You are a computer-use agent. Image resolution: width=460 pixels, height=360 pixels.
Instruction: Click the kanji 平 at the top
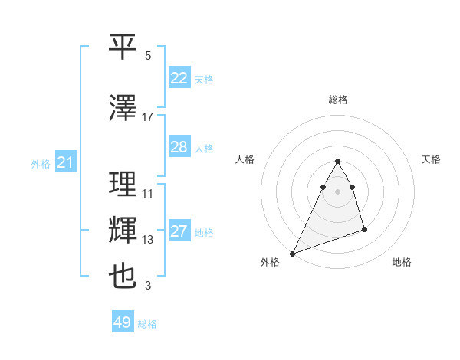pyautogui.click(x=123, y=47)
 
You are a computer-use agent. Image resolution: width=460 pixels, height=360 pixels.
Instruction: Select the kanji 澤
pyautogui.click(x=123, y=108)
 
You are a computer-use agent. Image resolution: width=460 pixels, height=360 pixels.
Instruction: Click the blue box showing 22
pyautogui.click(x=179, y=78)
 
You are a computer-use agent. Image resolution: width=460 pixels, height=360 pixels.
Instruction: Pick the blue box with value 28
pyautogui.click(x=179, y=147)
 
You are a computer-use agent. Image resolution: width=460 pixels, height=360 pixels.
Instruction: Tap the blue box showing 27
pyautogui.click(x=179, y=232)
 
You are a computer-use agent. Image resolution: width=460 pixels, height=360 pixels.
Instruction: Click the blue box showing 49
pyautogui.click(x=123, y=322)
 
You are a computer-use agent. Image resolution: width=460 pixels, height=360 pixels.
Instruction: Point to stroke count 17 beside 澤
pyautogui.click(x=148, y=116)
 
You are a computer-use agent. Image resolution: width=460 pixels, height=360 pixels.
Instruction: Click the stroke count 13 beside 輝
pyautogui.click(x=148, y=240)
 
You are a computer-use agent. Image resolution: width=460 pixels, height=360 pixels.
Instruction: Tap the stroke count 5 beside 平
pyautogui.click(x=148, y=56)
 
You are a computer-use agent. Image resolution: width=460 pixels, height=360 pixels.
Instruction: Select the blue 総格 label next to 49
pyautogui.click(x=147, y=324)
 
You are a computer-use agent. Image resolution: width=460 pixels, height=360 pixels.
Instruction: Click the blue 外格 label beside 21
pyautogui.click(x=40, y=163)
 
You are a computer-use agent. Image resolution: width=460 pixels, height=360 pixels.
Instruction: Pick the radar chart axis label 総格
pyautogui.click(x=337, y=100)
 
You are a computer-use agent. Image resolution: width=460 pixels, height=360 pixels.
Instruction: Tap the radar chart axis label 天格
pyautogui.click(x=432, y=159)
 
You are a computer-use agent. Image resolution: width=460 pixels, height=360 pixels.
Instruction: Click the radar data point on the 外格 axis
pyautogui.click(x=292, y=253)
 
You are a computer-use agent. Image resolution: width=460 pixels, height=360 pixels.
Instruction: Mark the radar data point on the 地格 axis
pyautogui.click(x=364, y=229)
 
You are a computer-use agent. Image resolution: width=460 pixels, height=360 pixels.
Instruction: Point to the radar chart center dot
pyautogui.click(x=337, y=191)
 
